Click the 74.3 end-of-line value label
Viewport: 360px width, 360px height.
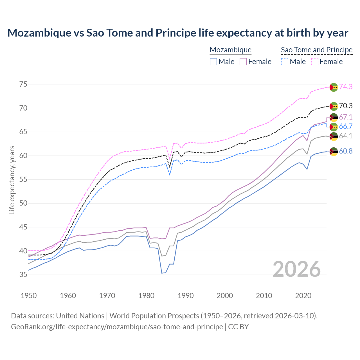click(346, 87)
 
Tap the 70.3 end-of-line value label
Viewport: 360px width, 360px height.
click(346, 106)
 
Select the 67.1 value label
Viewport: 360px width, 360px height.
click(346, 117)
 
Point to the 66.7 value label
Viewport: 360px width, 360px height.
click(346, 127)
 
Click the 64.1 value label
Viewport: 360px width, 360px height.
click(346, 136)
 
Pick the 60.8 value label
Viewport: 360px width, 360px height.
click(346, 151)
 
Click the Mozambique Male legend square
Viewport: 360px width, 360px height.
click(213, 62)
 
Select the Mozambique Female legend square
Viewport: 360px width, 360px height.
click(243, 62)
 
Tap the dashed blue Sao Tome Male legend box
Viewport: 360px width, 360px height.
click(285, 62)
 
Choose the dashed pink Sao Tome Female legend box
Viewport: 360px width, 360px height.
click(315, 62)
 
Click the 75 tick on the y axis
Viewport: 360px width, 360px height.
click(23, 84)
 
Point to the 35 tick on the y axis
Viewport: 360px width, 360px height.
click(23, 274)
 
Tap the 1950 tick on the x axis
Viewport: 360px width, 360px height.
click(29, 296)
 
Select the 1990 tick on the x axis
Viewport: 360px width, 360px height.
click(186, 296)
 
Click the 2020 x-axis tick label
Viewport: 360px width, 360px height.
click(303, 296)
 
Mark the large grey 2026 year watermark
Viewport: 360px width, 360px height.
click(297, 269)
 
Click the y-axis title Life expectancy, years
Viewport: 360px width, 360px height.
click(12, 180)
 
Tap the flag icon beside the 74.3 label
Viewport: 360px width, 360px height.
click(334, 87)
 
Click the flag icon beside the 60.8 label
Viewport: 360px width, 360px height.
click(334, 152)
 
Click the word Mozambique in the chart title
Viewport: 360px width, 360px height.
click(39, 33)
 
